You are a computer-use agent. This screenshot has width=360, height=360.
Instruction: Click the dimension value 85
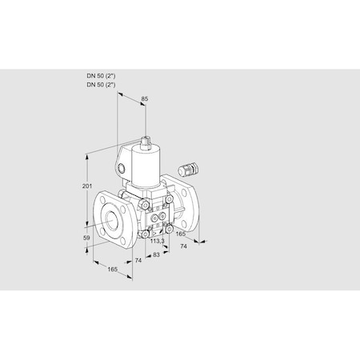pyautogui.click(x=145, y=100)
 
